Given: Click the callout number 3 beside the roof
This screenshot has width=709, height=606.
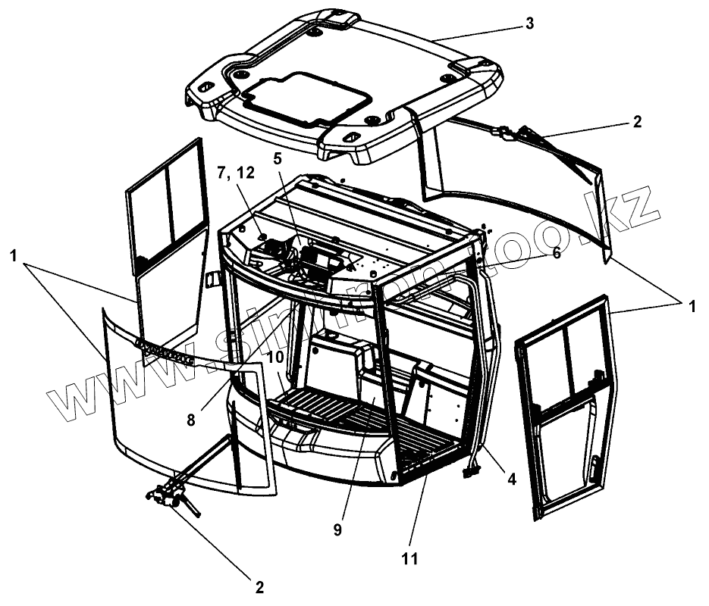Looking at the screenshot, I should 529,23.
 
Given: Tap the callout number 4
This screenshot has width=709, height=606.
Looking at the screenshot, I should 512,479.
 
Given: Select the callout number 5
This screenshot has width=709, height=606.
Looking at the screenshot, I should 278,159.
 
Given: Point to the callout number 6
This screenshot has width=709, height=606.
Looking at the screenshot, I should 556,254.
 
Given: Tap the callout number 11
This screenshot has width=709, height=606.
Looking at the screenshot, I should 410,560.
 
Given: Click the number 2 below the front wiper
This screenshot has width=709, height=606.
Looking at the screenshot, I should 259,587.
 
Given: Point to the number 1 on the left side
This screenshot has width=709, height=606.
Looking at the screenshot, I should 13,257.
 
